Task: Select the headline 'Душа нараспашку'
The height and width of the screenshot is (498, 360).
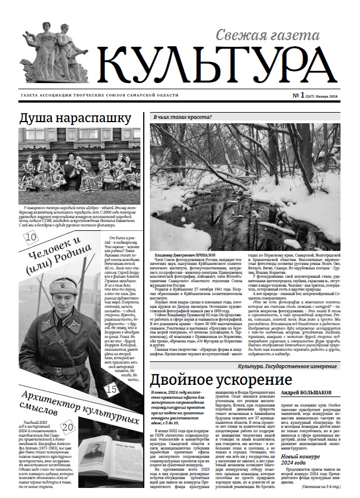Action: pyautogui.click(x=75, y=119)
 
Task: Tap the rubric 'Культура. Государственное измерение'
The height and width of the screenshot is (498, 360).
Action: pyautogui.click(x=295, y=365)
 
